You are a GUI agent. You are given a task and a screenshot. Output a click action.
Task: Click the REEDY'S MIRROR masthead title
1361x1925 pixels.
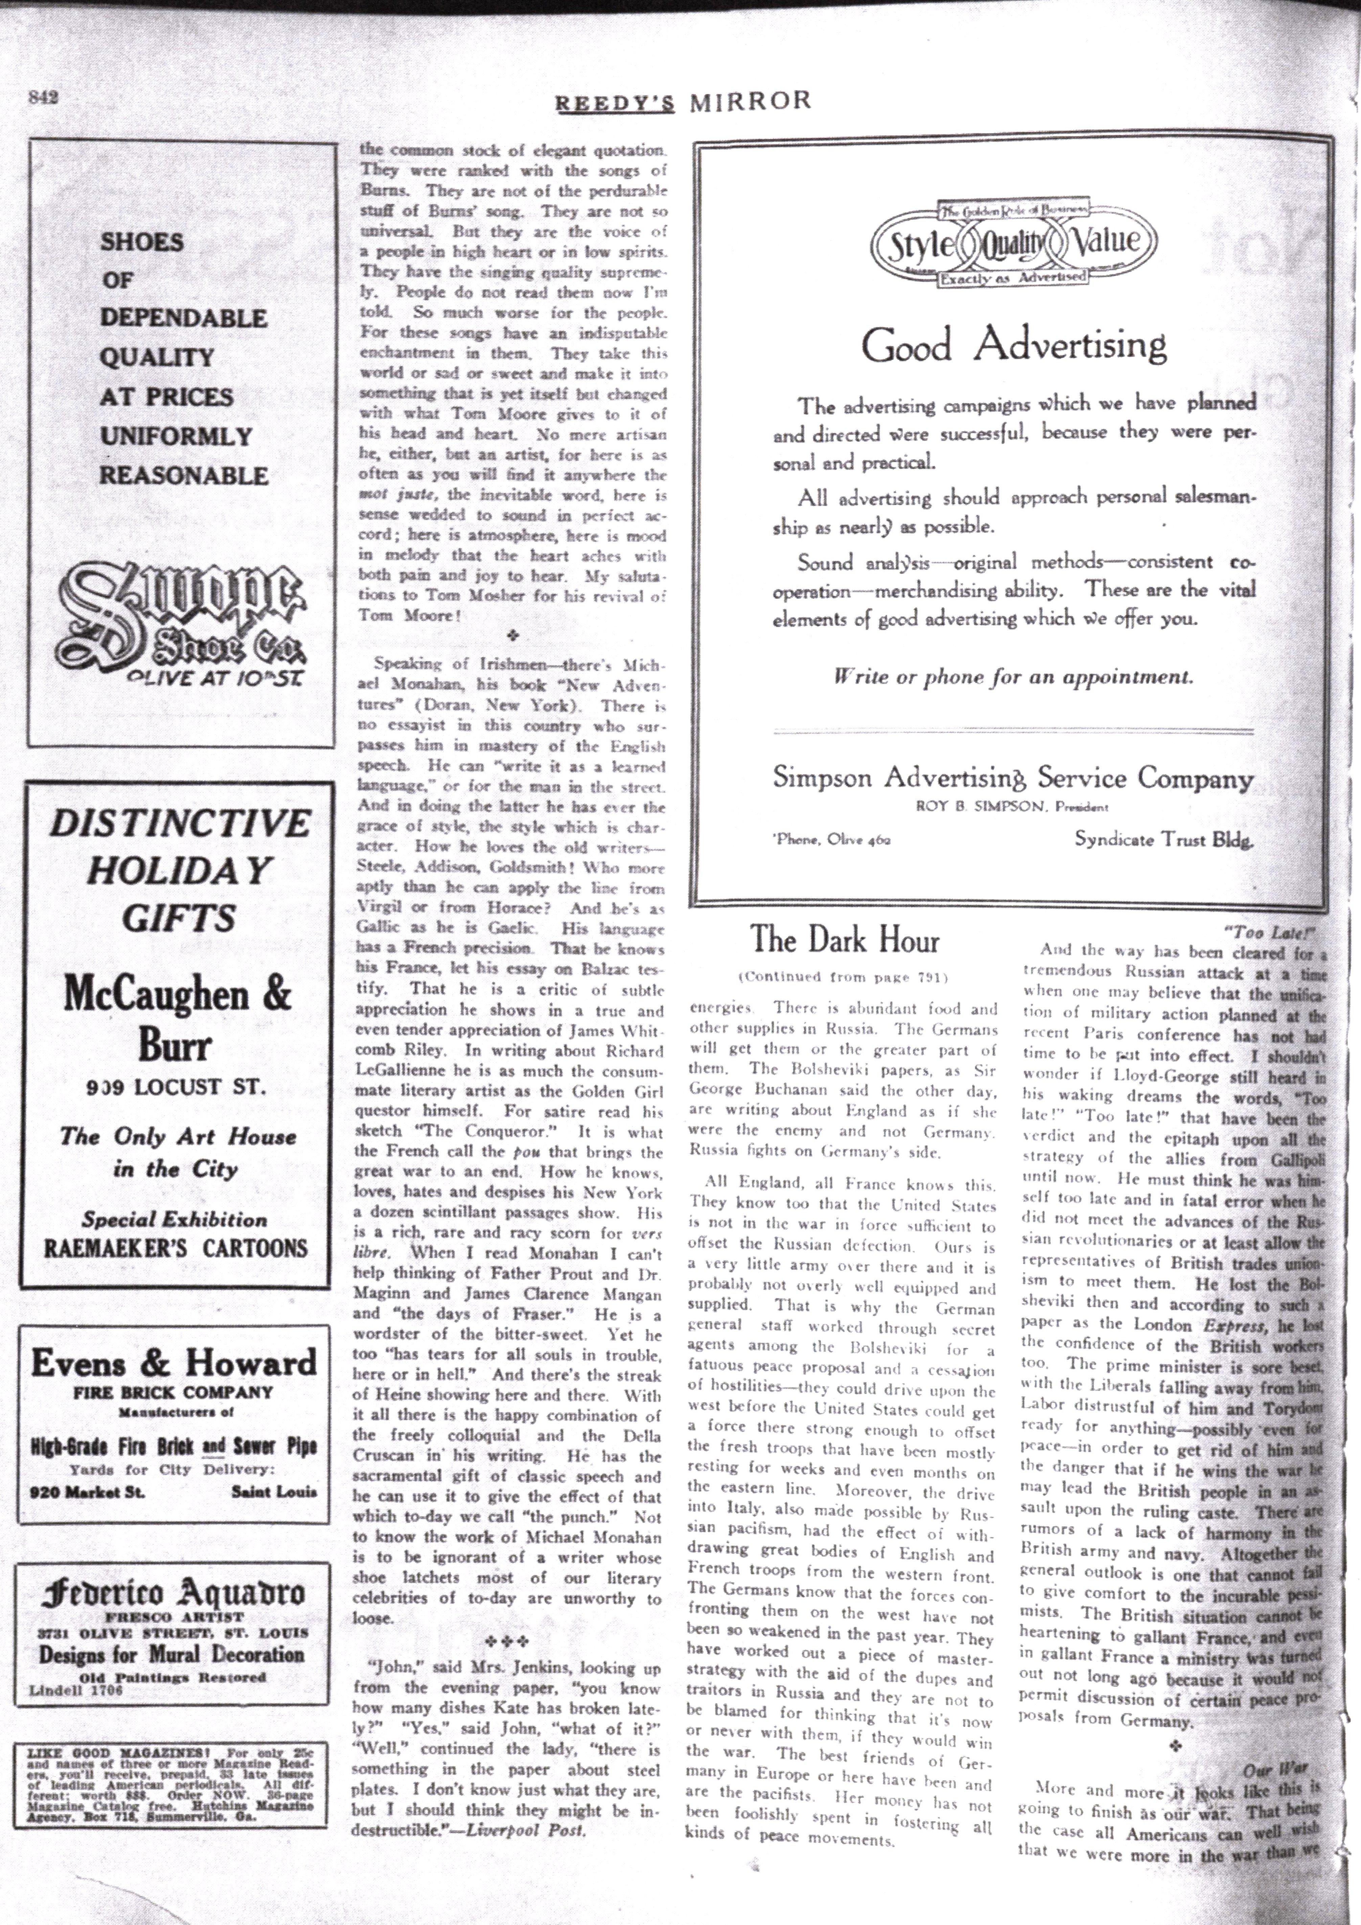683,102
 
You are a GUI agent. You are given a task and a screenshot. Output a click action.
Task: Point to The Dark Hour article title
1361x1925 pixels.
844,940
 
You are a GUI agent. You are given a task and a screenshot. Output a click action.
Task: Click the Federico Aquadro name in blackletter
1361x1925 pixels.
174,1591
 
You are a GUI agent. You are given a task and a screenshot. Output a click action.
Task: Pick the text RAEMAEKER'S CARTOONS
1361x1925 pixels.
175,1248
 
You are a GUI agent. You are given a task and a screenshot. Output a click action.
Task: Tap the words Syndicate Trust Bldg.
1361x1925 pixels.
1164,839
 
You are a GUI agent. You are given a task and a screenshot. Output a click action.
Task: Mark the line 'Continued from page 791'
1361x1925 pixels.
843,977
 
